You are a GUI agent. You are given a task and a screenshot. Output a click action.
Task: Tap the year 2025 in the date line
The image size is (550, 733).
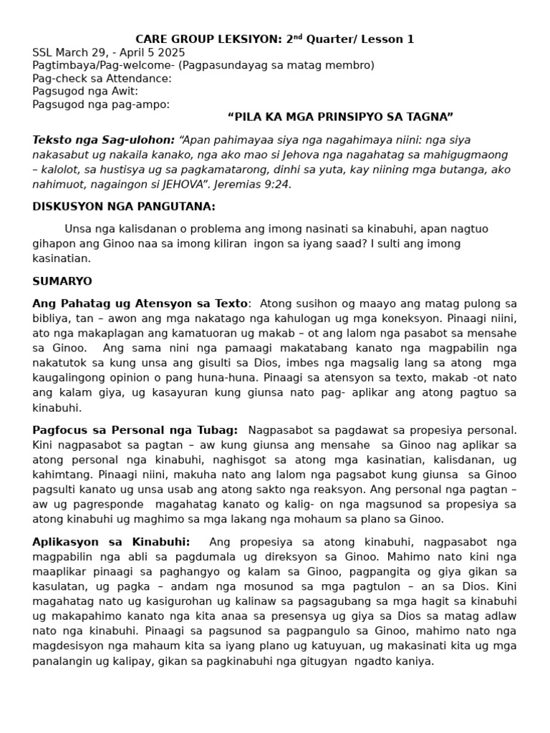click(x=171, y=52)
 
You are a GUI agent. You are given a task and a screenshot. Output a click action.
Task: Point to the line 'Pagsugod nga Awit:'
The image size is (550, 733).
click(x=85, y=92)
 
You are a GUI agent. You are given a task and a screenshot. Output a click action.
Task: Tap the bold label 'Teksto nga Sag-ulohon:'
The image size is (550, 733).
click(x=103, y=140)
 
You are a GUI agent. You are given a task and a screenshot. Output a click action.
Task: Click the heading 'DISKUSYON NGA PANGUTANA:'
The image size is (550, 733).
click(x=124, y=207)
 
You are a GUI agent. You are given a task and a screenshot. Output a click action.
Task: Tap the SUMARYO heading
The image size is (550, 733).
click(x=62, y=281)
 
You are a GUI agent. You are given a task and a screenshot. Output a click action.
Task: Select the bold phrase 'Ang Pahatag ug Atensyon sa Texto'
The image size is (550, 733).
click(x=140, y=304)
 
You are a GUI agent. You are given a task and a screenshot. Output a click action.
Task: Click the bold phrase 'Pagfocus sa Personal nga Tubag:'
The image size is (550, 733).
click(x=135, y=430)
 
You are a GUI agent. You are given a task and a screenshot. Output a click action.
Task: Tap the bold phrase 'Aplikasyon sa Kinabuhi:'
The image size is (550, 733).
click(x=111, y=542)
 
